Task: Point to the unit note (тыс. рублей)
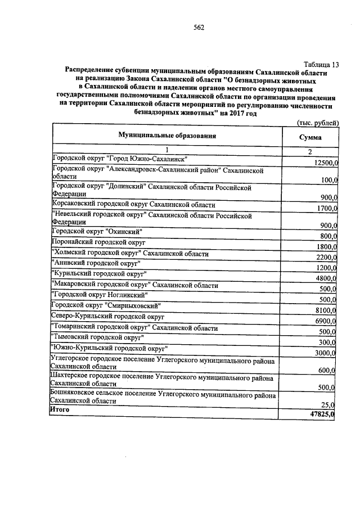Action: [x=317, y=123]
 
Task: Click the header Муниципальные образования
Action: [x=167, y=136]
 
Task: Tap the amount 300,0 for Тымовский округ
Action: [x=328, y=342]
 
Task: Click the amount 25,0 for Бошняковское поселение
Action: [x=330, y=404]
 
